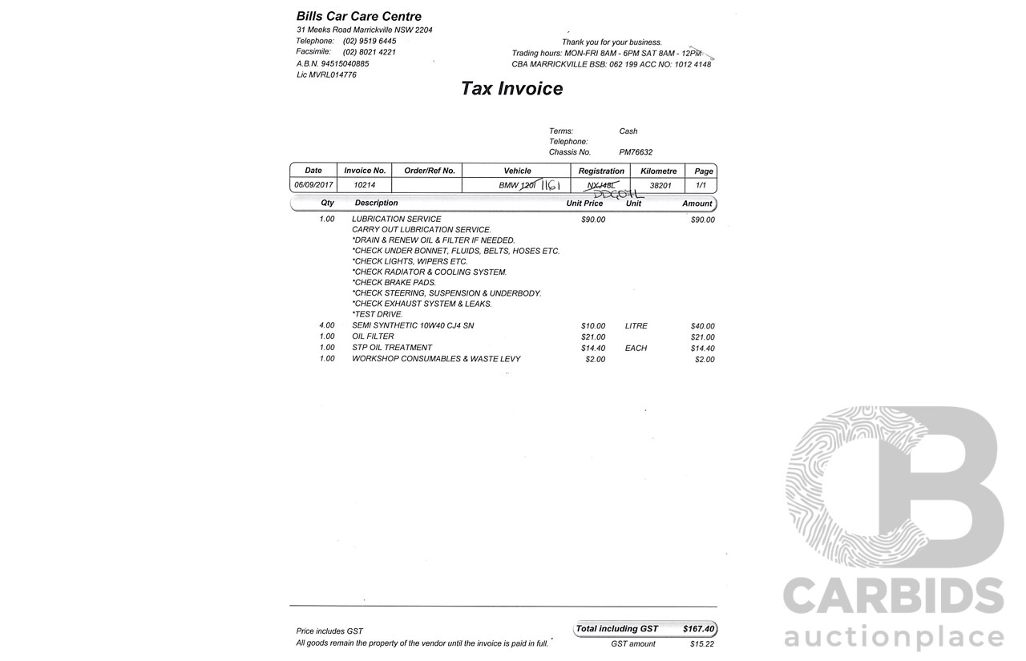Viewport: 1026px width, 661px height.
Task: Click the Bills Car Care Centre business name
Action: pos(358,16)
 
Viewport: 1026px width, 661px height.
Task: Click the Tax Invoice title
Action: pos(511,89)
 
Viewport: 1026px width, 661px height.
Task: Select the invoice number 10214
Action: pos(364,185)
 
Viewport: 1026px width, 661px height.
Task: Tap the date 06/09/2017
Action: pos(313,185)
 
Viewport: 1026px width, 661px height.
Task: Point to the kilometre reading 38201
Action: pos(660,185)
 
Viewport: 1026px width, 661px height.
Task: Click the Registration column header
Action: pos(601,171)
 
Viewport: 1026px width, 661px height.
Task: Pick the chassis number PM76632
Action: pos(636,152)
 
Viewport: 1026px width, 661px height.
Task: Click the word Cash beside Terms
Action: pos(628,131)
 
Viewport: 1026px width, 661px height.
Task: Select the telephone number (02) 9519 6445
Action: pos(370,41)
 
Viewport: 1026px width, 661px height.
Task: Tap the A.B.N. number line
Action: pos(333,63)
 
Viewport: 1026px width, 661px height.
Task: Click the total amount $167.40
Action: pos(698,629)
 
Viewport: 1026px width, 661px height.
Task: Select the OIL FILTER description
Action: pos(373,337)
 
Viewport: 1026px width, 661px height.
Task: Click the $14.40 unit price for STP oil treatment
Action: pos(593,348)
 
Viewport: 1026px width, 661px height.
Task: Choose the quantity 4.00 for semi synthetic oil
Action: pos(327,326)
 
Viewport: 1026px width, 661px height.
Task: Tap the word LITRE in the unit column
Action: pos(636,326)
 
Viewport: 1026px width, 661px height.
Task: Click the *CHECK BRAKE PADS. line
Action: pos(394,283)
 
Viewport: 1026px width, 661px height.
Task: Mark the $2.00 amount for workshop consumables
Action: pos(705,360)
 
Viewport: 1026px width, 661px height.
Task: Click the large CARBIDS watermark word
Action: pos(893,598)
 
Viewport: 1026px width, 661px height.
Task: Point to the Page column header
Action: pos(703,171)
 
